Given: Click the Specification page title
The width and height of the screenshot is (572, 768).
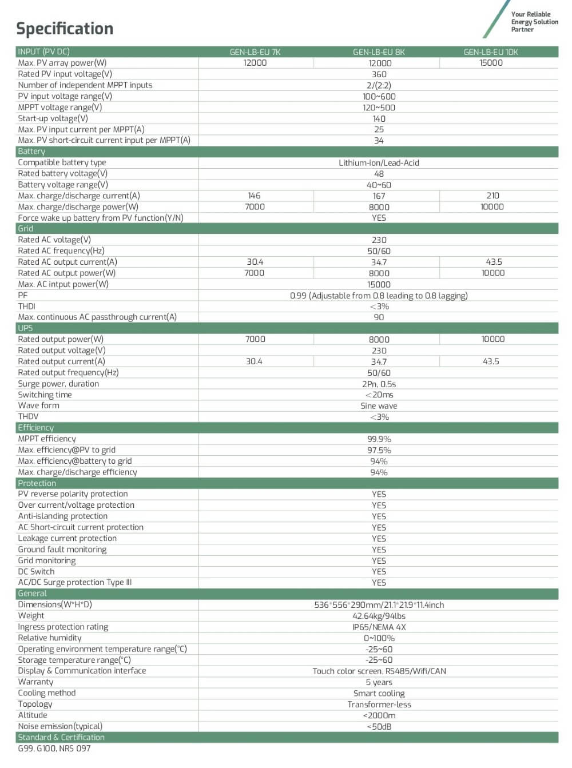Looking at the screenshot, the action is click(x=65, y=29).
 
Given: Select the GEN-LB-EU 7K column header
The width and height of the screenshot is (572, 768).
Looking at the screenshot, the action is click(x=255, y=52).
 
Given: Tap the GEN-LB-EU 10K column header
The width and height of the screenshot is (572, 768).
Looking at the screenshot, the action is click(x=491, y=52).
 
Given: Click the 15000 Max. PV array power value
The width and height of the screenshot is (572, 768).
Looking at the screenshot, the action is click(x=491, y=63).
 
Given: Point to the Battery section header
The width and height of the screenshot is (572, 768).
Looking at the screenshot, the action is click(x=31, y=152).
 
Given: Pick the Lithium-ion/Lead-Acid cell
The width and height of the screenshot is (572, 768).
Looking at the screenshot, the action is click(x=379, y=163).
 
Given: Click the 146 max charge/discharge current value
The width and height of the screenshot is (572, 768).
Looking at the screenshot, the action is click(x=255, y=196).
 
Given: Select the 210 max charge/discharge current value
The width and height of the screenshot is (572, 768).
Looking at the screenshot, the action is click(x=492, y=196).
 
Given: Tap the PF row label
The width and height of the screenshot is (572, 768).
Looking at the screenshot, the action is click(x=23, y=295).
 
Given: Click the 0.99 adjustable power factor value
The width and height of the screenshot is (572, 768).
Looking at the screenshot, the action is click(x=379, y=296).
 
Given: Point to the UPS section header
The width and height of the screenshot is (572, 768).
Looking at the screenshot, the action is click(x=25, y=328).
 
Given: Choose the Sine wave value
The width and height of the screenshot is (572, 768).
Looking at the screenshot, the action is click(x=379, y=406).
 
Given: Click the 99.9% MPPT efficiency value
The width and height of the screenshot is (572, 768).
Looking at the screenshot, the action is click(x=379, y=439).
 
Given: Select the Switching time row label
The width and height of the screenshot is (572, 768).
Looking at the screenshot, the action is click(x=45, y=395).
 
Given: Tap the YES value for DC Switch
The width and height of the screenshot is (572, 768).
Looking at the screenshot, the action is click(x=379, y=572).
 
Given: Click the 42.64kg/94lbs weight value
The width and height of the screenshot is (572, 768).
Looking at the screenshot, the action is click(x=379, y=616).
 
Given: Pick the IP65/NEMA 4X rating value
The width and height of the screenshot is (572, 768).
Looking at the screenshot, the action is click(x=379, y=627).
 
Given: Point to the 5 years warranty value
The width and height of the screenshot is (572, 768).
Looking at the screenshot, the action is click(x=379, y=682).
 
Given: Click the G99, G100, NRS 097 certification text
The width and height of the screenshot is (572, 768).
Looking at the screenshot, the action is click(x=54, y=749).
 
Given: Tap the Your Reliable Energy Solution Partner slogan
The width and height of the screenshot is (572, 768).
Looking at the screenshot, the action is click(x=534, y=22).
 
